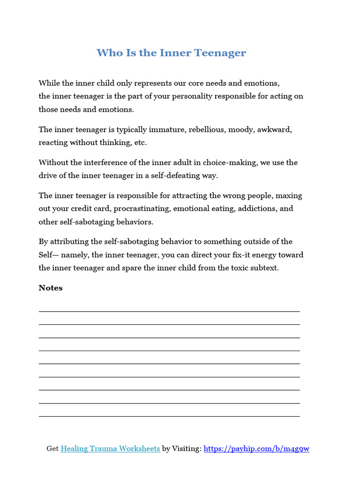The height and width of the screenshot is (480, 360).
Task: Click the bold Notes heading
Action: [x=51, y=288]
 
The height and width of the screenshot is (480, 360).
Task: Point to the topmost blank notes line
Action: [x=169, y=311]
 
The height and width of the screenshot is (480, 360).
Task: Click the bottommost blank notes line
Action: [x=169, y=416]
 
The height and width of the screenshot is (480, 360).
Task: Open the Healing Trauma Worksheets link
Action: [x=110, y=449]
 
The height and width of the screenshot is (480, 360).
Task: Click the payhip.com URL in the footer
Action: [x=257, y=449]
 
